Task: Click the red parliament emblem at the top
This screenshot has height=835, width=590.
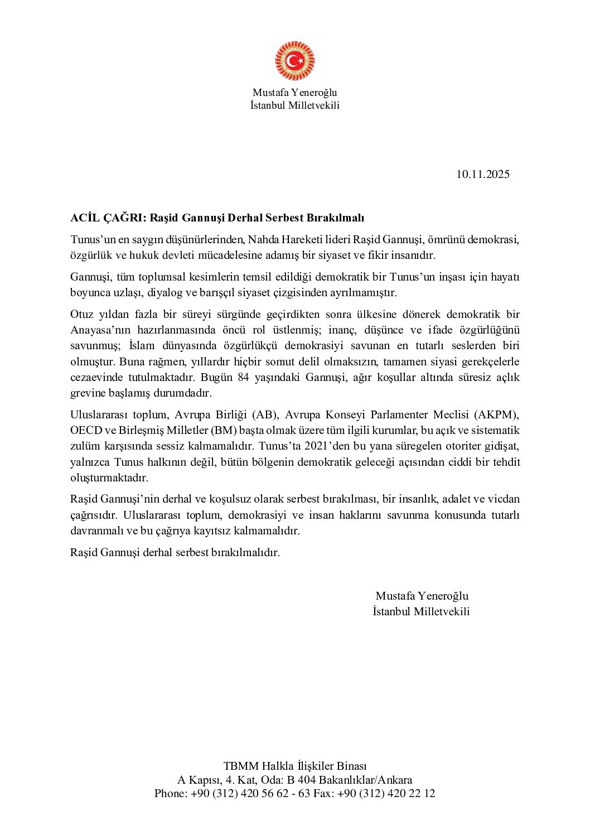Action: [294, 61]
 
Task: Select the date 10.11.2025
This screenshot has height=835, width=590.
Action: [483, 174]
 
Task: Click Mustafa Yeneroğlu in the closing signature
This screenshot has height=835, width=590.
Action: [422, 596]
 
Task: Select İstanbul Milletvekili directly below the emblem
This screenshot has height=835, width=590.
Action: [294, 105]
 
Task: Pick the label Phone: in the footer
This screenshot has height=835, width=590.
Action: [171, 793]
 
